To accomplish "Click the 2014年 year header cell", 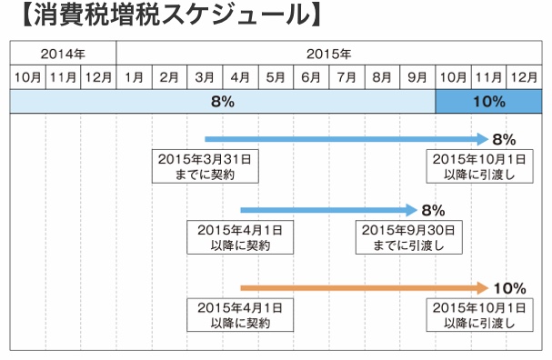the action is pos(63,53).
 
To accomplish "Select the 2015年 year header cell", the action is pos(329,53).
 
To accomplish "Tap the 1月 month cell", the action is pos(134,77).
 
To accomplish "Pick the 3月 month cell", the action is pos(205,77).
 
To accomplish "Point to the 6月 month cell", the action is pos(311,77).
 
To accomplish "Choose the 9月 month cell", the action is pos(417,77).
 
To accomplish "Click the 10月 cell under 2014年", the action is pos(28,77).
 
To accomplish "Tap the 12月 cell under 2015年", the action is pos(524,77).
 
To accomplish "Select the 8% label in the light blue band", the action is pos(223,102).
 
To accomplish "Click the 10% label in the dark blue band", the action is pos(489,102).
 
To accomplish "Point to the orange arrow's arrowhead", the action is pos(483,288).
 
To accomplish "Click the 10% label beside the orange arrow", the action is pos(510,288).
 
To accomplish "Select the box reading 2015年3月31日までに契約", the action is pos(206,166).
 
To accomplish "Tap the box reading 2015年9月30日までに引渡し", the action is pos(408,237).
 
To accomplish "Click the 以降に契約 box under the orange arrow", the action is pos(240,315).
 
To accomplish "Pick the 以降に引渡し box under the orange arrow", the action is pos(479,315).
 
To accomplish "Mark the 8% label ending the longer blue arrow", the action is pos(504,140).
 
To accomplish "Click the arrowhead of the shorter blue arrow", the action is pos(412,210).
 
